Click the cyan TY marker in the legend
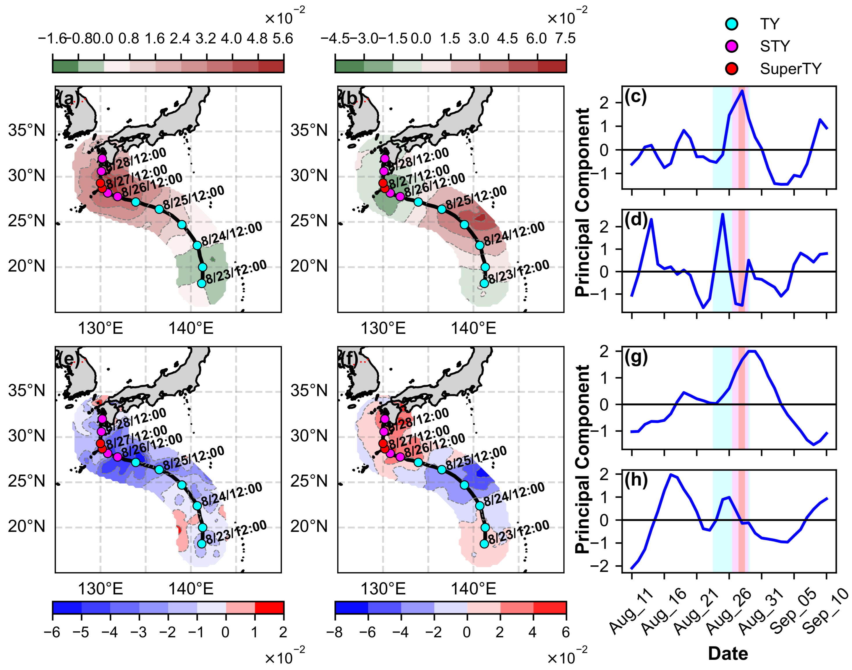(x=731, y=24)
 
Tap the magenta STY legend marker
(x=731, y=46)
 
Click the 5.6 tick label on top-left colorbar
(x=283, y=38)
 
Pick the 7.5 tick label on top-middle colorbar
(x=565, y=38)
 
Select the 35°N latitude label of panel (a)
(x=27, y=130)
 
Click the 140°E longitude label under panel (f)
(x=473, y=589)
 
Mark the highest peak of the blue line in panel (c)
(x=742, y=91)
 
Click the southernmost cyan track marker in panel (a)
(x=202, y=283)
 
